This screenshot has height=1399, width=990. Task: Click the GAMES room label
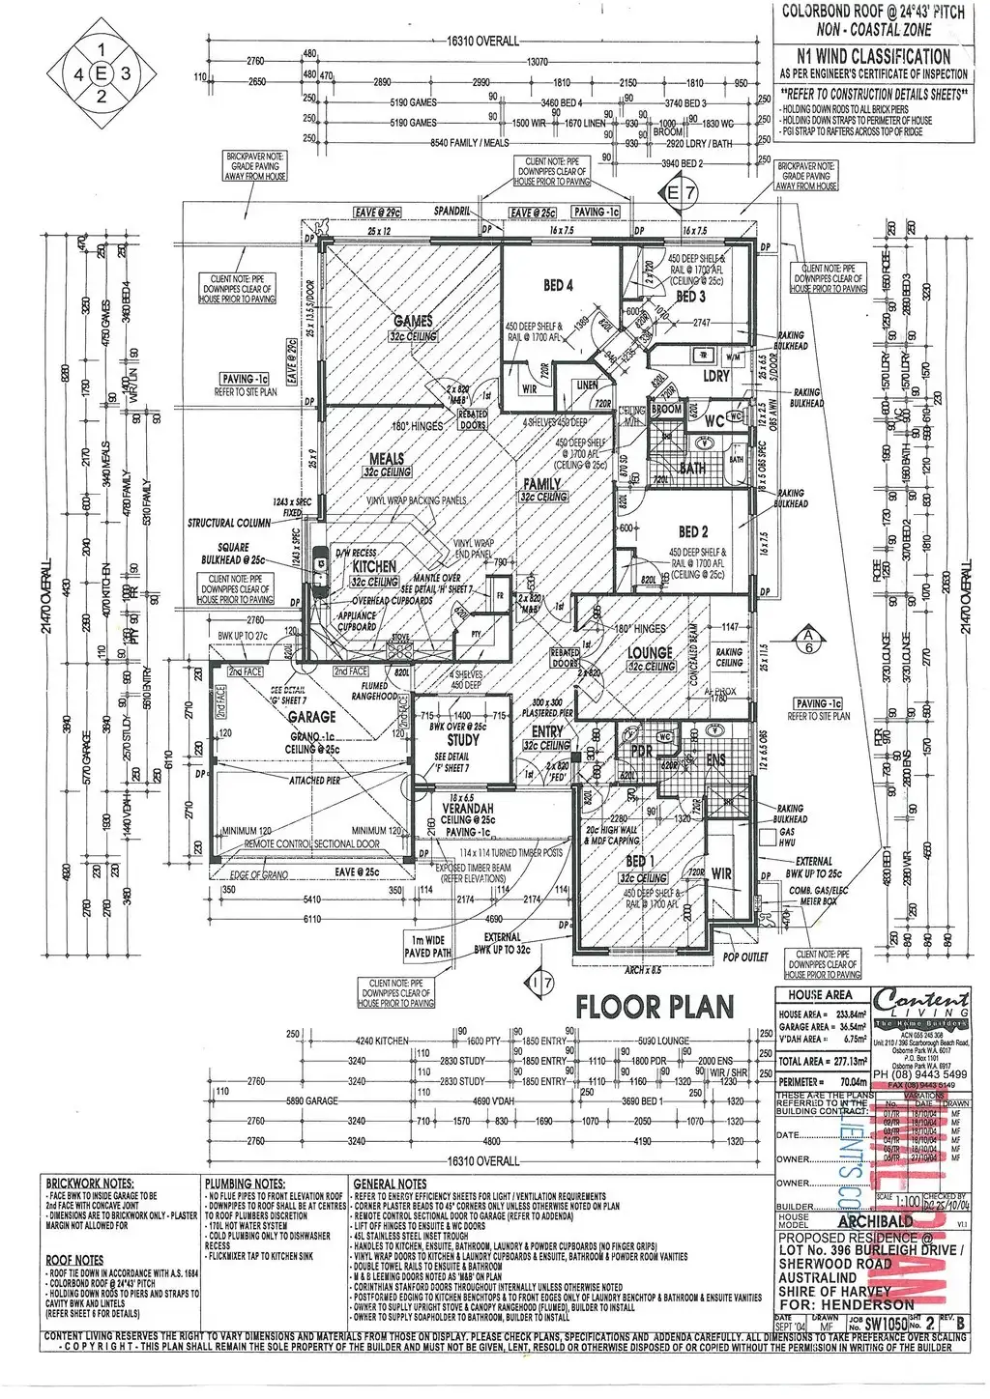click(x=413, y=322)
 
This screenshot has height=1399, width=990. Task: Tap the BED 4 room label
click(x=558, y=285)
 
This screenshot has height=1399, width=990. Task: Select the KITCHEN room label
click(x=374, y=567)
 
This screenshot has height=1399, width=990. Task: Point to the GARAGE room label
click(x=311, y=717)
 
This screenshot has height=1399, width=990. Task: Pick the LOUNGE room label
click(x=650, y=653)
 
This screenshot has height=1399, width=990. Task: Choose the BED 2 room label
click(x=692, y=532)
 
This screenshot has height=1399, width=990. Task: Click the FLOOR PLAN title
click(x=655, y=1007)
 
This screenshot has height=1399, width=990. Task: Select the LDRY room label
click(x=715, y=376)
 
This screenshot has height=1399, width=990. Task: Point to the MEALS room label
click(x=386, y=459)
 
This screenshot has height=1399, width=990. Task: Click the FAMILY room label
click(x=542, y=483)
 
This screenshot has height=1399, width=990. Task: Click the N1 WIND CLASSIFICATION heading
click(x=874, y=58)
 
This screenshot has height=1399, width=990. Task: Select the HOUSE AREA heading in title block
click(x=820, y=994)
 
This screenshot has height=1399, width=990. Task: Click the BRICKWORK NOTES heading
click(x=89, y=1183)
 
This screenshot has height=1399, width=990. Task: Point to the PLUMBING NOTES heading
click(x=245, y=1183)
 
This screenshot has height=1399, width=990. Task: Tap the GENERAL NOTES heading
click(x=390, y=1183)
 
